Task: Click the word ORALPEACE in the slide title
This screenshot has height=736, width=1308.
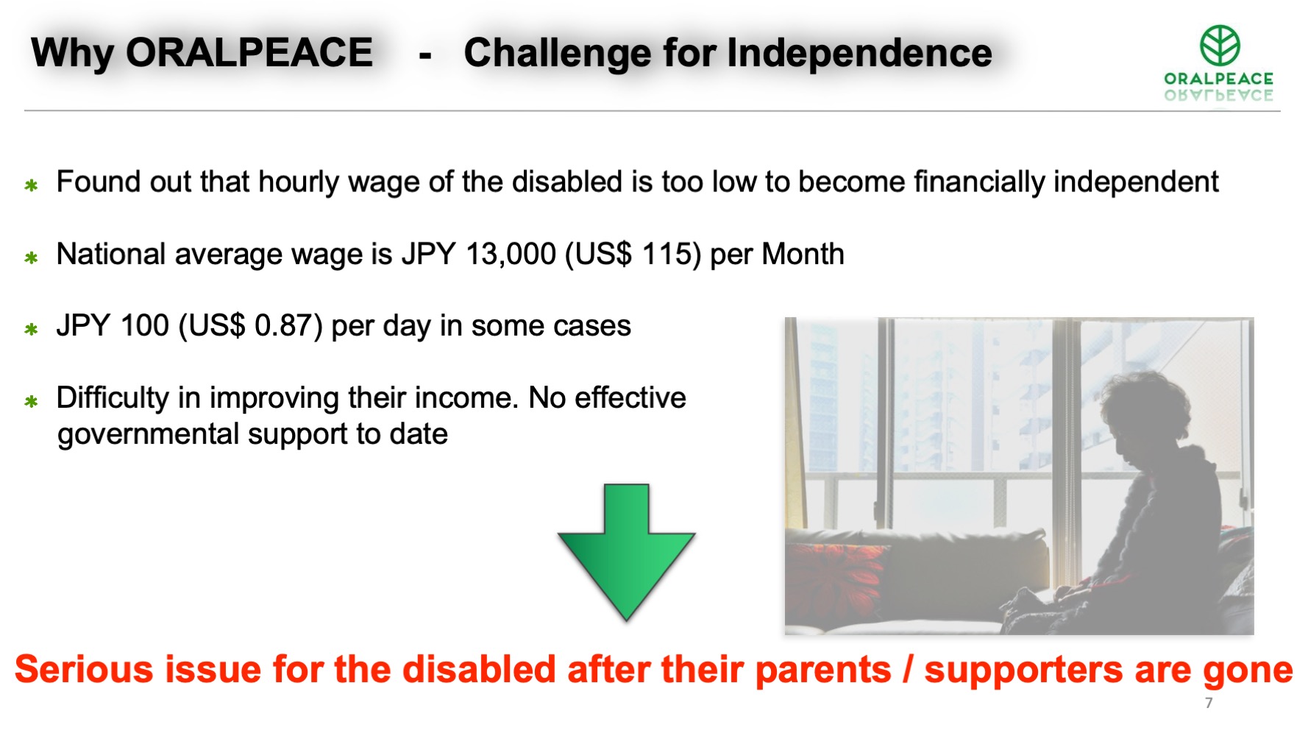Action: point(249,53)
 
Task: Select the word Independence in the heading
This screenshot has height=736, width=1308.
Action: point(859,53)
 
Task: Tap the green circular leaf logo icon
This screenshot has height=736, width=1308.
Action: point(1220,45)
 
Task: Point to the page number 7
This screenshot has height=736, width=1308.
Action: point(1209,703)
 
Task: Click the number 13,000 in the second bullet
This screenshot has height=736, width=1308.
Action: point(511,255)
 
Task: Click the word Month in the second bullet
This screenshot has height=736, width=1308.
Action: point(803,255)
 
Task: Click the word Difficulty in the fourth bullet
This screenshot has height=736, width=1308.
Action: point(113,398)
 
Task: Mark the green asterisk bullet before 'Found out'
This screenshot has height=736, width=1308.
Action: point(31,185)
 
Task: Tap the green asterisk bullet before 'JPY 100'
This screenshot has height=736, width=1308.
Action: point(31,329)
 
